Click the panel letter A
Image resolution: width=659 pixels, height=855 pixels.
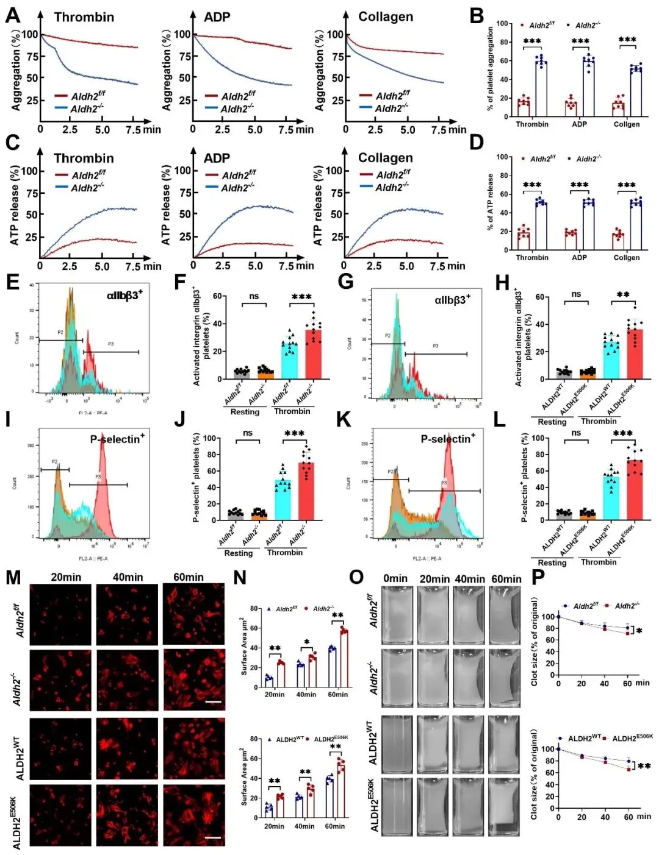(12, 16)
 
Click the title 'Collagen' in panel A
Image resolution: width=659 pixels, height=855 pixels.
(386, 17)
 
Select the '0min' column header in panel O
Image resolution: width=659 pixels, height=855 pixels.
(395, 578)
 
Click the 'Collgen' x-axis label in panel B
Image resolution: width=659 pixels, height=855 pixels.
(627, 124)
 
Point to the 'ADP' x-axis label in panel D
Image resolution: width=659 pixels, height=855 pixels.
(579, 258)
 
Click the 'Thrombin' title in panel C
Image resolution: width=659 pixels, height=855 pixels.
(84, 158)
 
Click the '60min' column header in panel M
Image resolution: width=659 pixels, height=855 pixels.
(189, 577)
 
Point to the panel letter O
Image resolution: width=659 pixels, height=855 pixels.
(357, 578)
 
